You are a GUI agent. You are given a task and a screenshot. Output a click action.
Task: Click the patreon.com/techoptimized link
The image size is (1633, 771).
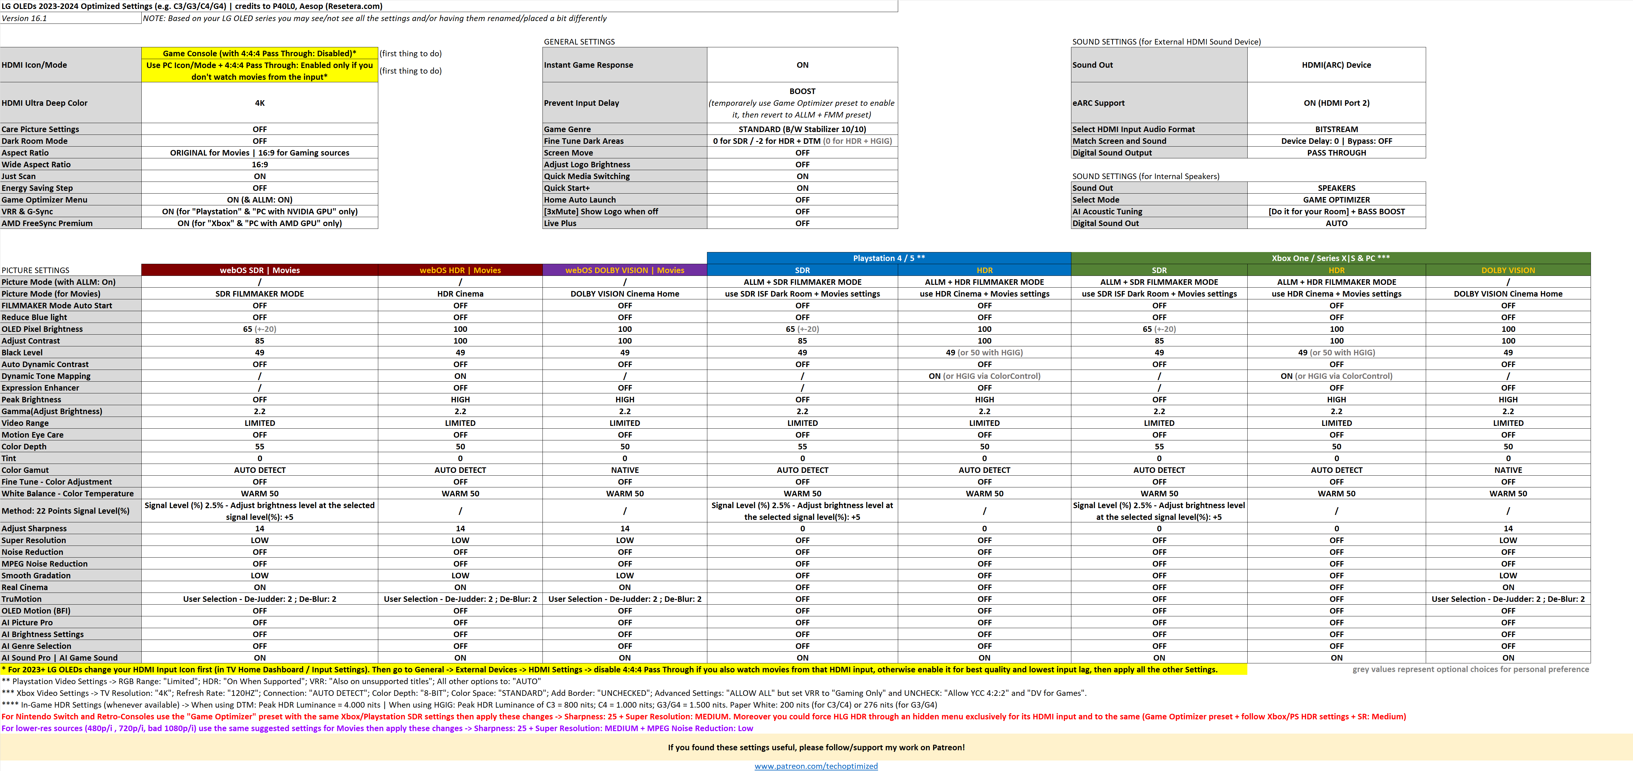point(816,766)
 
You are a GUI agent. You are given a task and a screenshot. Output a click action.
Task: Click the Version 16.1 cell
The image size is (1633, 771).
point(25,18)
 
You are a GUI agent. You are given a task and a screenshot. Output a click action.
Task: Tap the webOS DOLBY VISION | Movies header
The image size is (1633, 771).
point(624,270)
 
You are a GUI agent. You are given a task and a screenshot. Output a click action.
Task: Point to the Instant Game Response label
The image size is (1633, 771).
point(588,65)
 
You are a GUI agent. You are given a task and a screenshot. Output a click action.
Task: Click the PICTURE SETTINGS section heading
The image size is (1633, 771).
point(36,270)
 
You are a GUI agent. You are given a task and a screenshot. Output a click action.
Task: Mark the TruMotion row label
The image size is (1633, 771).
point(22,599)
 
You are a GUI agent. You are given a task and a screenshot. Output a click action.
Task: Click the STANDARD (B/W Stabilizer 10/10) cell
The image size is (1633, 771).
point(802,129)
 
